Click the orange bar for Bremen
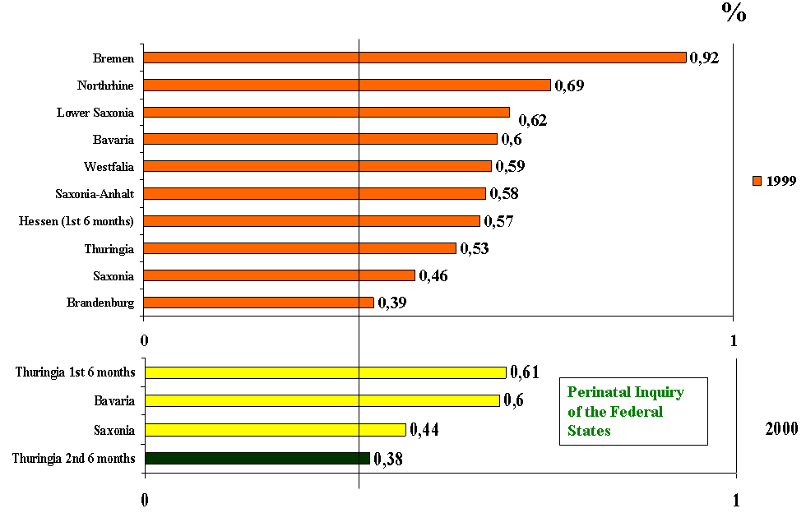pyautogui.click(x=415, y=58)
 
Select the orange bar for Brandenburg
pyautogui.click(x=259, y=303)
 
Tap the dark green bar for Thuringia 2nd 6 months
pyautogui.click(x=257, y=458)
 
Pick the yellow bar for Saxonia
pyautogui.click(x=275, y=429)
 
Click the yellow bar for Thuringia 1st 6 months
pyautogui.click(x=325, y=372)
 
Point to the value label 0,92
pyautogui.click(x=704, y=58)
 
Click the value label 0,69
pyautogui.click(x=569, y=85)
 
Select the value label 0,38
pyautogui.click(x=388, y=459)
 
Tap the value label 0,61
pyautogui.click(x=525, y=372)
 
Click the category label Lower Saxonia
pyautogui.click(x=95, y=113)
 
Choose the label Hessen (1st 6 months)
pyautogui.click(x=76, y=221)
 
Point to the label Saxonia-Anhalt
pyautogui.click(x=94, y=194)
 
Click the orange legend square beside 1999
pyautogui.click(x=757, y=181)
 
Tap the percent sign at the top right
pyautogui.click(x=734, y=12)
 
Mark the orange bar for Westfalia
pyautogui.click(x=317, y=166)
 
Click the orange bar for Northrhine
pyautogui.click(x=347, y=85)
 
